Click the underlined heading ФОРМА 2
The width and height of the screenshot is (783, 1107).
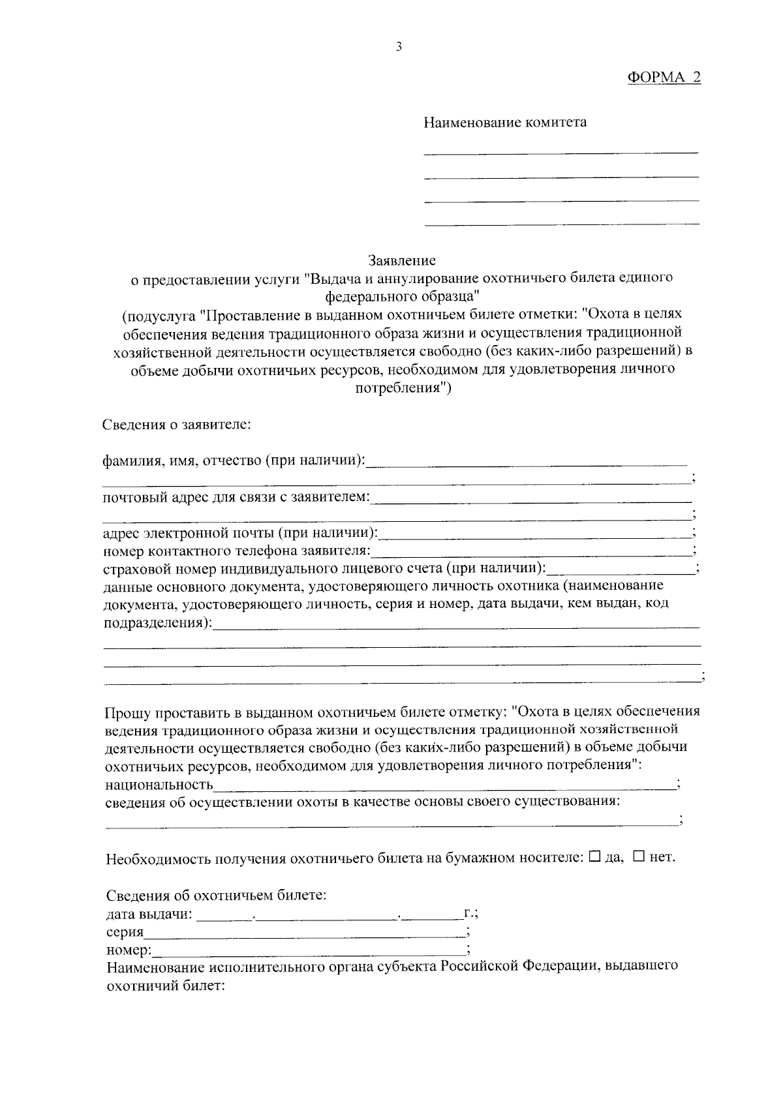[x=664, y=77]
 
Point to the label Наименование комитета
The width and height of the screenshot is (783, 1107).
[x=505, y=122]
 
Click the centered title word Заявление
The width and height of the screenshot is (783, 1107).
[x=401, y=261]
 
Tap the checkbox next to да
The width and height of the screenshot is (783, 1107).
[x=594, y=857]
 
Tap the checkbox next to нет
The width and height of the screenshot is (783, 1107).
[x=639, y=857]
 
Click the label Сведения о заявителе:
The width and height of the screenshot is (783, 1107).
[x=177, y=425]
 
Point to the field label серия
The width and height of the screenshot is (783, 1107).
[x=125, y=932]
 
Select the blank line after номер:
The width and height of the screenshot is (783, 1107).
[x=309, y=950]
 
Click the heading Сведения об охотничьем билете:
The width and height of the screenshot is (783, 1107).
[x=216, y=895]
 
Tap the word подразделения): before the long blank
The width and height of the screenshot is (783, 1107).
[x=159, y=622]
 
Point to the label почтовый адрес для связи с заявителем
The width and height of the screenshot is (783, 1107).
[x=236, y=498]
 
